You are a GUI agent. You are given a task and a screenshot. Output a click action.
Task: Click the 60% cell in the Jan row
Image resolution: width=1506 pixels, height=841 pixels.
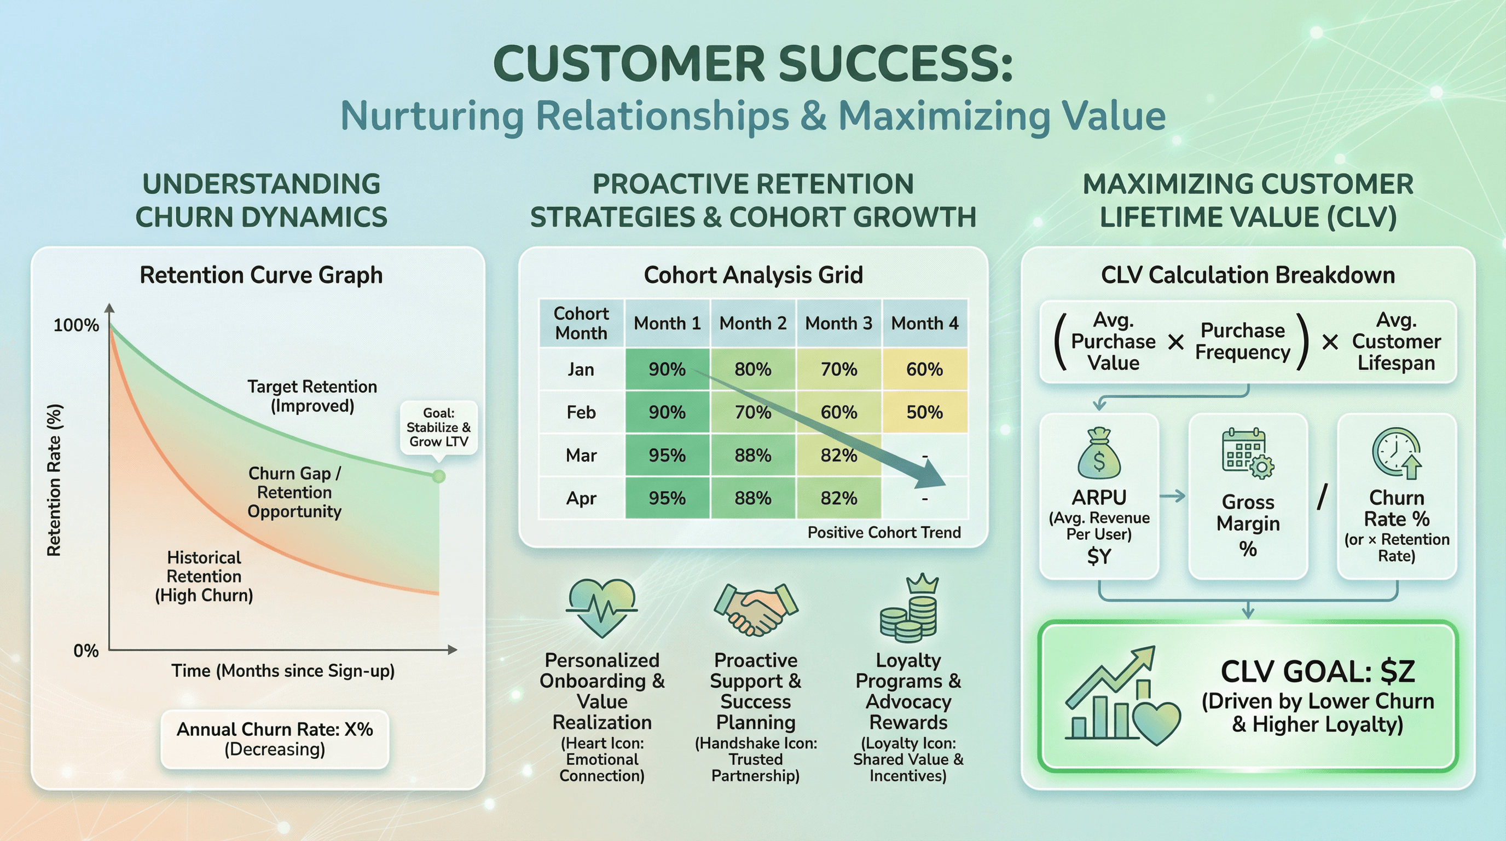click(x=924, y=370)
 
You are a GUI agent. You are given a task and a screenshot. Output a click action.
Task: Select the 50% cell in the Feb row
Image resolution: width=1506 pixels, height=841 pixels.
click(x=924, y=412)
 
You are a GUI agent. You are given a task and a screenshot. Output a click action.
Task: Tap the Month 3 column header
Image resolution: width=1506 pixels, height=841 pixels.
click(x=838, y=324)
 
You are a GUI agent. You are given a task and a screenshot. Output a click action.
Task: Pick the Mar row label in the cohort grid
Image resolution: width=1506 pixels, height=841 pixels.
click(x=581, y=455)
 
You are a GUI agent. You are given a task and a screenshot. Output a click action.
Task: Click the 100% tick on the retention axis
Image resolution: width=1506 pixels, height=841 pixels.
click(x=77, y=325)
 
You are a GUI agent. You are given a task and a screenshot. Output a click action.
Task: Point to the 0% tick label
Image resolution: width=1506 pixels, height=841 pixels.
click(x=86, y=650)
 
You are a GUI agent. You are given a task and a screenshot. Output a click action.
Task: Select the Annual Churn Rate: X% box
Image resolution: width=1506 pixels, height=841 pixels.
click(x=275, y=739)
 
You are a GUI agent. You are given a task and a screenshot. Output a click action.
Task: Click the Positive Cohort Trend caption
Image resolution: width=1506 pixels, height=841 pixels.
click(x=884, y=532)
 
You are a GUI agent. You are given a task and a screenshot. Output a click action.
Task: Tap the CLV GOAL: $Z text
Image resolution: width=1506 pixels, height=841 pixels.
click(x=1318, y=671)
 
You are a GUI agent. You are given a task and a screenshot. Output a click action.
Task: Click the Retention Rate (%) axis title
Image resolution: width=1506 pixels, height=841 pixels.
click(x=54, y=480)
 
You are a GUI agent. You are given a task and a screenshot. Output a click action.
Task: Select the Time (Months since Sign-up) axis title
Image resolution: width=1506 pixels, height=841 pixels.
click(x=283, y=671)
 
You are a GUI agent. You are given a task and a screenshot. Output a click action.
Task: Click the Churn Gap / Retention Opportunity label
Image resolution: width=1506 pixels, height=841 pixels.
click(x=294, y=492)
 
